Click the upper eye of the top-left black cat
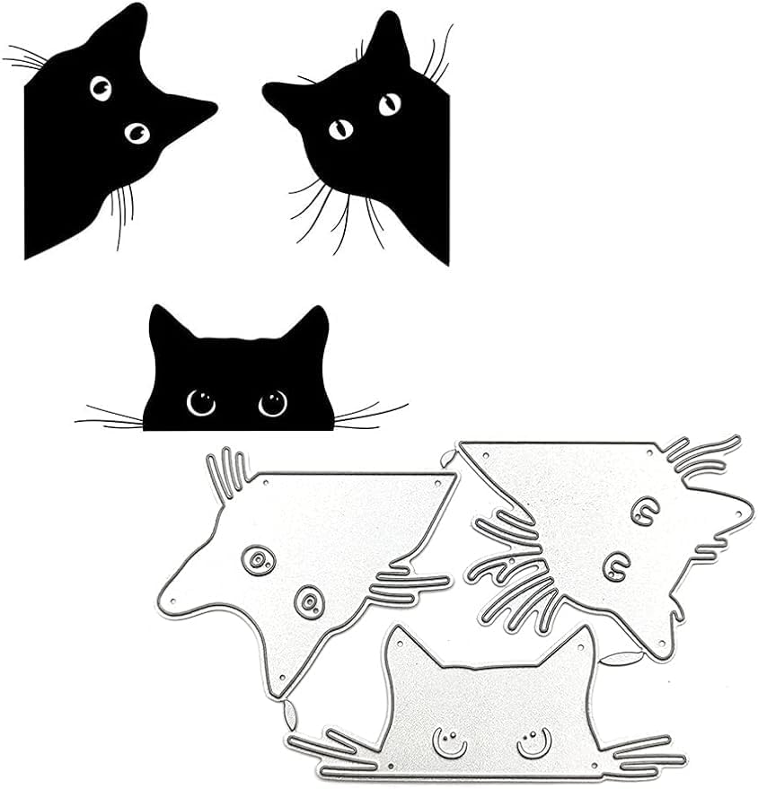click(x=101, y=87)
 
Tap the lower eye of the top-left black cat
click(x=137, y=133)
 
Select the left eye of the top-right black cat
click(x=340, y=129)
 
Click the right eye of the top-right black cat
click(x=390, y=104)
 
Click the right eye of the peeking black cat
click(x=272, y=403)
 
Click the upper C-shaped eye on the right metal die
click(x=642, y=512)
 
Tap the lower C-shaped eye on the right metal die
click(x=615, y=565)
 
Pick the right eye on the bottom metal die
click(x=532, y=741)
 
